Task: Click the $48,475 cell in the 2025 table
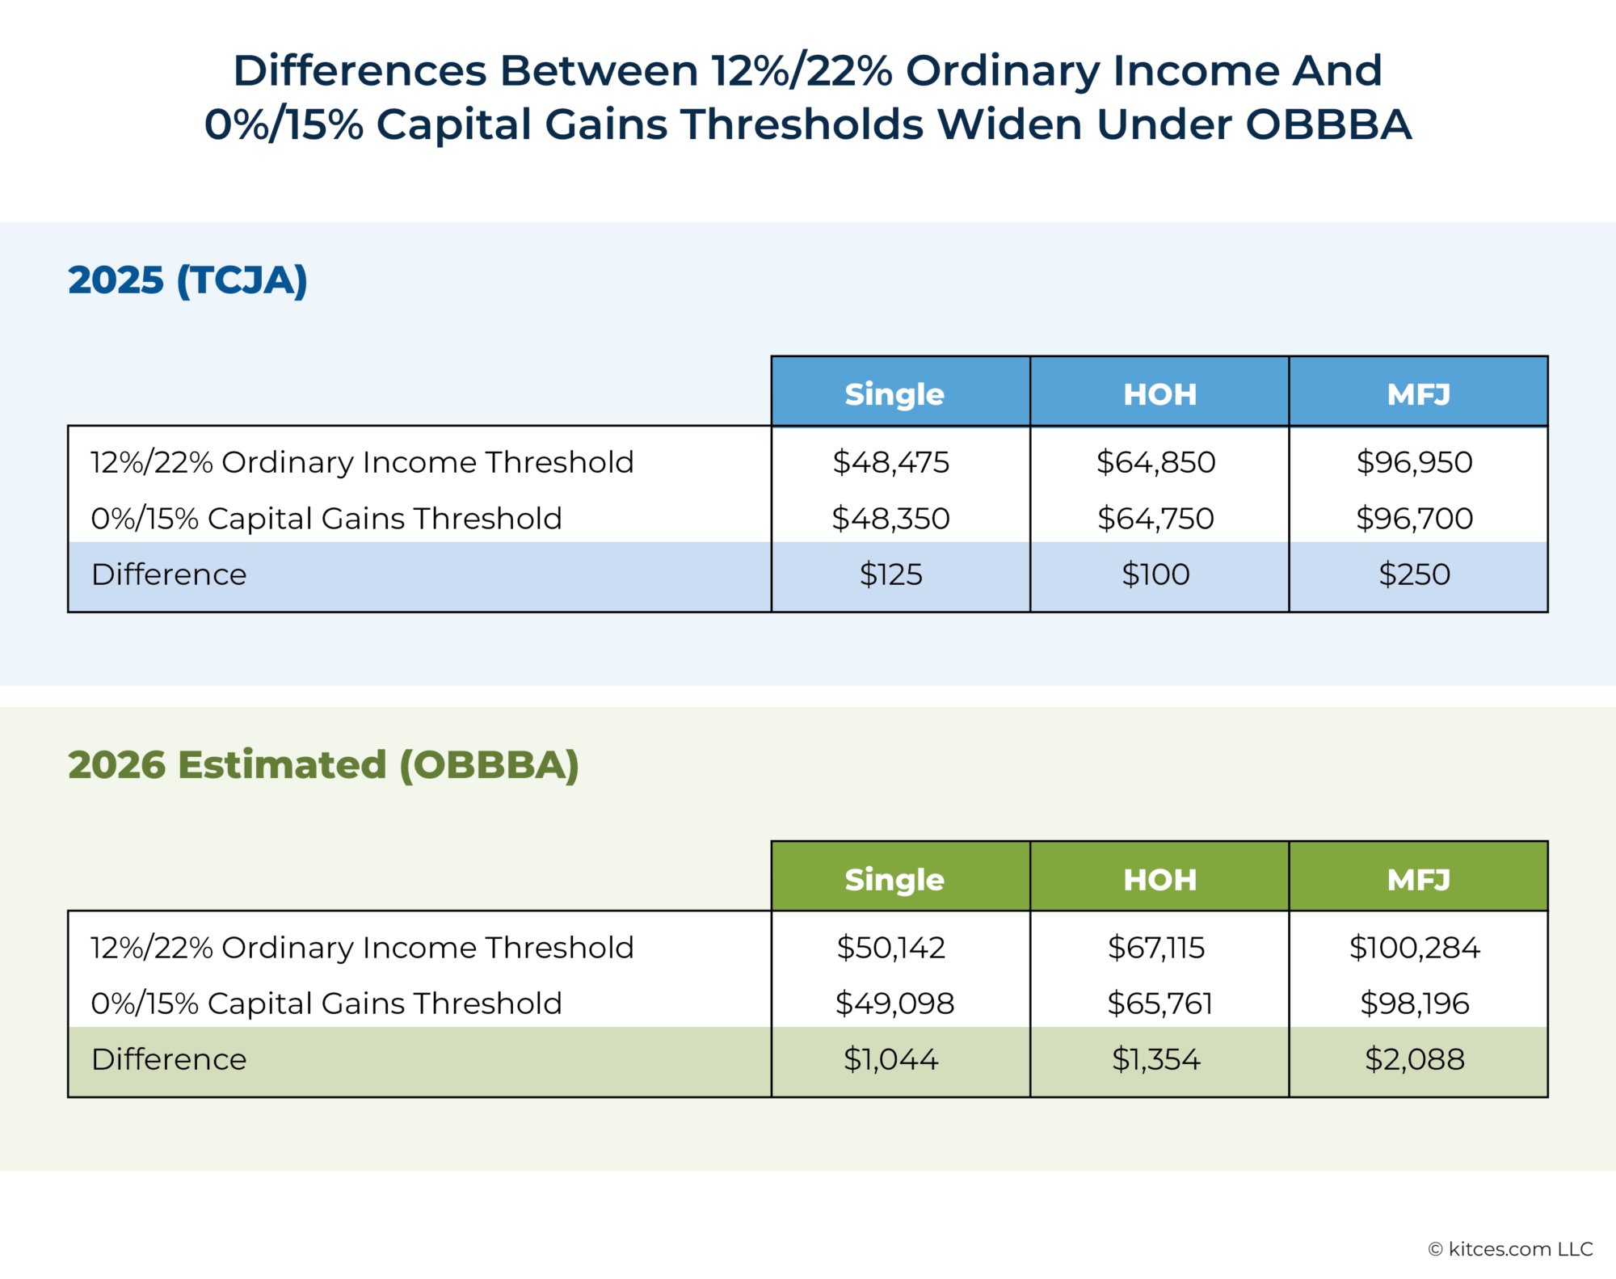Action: (890, 462)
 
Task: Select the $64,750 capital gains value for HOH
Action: (1155, 518)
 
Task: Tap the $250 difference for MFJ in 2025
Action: (1414, 574)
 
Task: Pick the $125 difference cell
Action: (890, 574)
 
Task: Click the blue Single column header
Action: (894, 394)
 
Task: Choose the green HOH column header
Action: (1159, 879)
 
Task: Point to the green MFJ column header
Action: (1418, 879)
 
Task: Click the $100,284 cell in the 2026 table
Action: (1414, 947)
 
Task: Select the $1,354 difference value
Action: (1155, 1059)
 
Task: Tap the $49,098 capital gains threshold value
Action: (894, 1003)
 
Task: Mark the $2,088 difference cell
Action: (1414, 1059)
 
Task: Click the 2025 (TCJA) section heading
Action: (187, 280)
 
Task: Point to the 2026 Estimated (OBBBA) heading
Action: (323, 765)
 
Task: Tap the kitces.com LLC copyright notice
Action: (1510, 1249)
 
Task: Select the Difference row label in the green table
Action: (169, 1059)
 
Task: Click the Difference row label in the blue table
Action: (169, 574)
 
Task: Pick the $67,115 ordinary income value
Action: (1155, 947)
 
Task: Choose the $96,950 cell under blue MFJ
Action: (1414, 462)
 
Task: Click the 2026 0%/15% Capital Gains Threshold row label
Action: (326, 1003)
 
